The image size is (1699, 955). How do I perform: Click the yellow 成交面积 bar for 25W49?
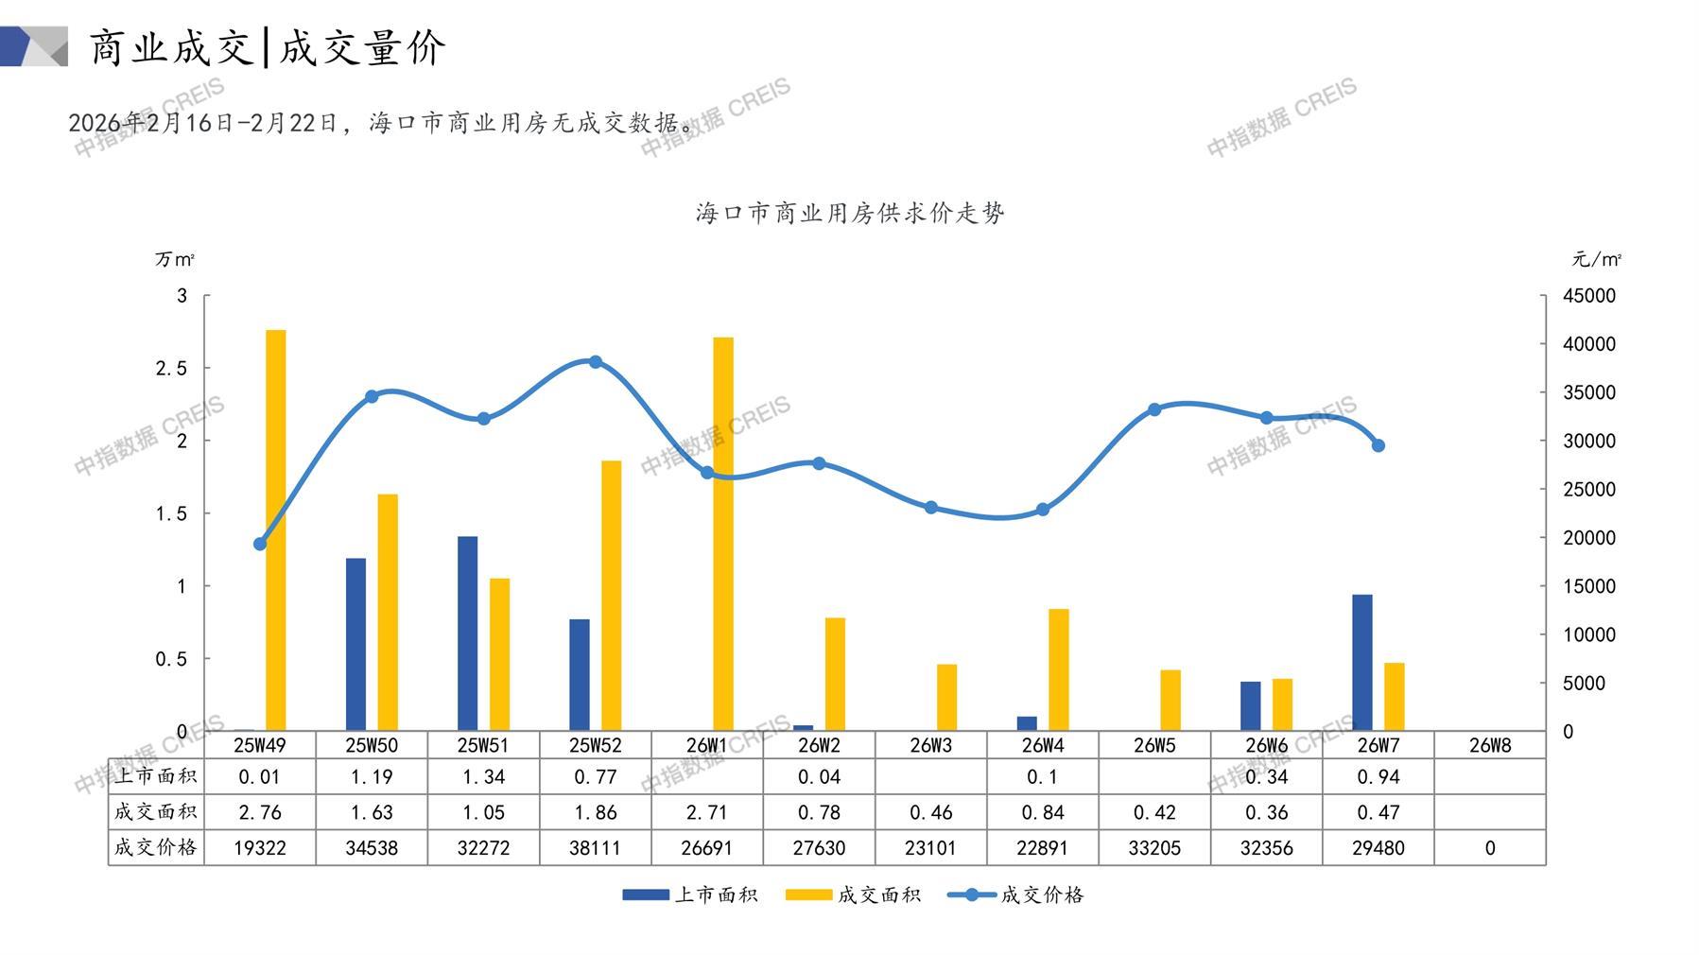pos(275,530)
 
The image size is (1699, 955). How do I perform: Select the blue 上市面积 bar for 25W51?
pos(467,634)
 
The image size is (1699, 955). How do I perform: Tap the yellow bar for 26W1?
pos(723,534)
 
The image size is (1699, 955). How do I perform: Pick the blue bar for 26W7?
pos(1362,662)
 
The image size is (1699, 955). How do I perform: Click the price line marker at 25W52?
pos(596,362)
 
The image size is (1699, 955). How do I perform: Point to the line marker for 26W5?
pos(1154,409)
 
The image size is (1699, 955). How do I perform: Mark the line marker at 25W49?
pos(260,544)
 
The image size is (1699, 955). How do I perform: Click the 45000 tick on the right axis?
pos(1589,296)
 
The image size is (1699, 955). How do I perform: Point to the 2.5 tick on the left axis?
pos(172,369)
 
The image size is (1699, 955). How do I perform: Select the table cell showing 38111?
pos(596,848)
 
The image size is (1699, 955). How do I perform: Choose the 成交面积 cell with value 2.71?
pos(706,812)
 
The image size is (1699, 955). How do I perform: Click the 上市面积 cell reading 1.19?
pos(372,777)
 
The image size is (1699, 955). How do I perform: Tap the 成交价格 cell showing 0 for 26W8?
pos(1490,848)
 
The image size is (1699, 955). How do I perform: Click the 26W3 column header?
pos(931,745)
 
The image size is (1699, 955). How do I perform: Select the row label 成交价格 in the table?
pos(156,847)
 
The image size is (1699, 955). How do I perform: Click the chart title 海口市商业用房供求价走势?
pos(850,214)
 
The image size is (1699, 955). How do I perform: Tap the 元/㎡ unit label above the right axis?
pos(1596,259)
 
